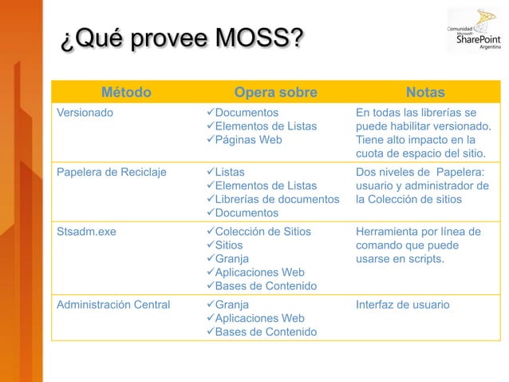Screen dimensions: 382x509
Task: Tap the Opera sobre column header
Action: [x=276, y=92]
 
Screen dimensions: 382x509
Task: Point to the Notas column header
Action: [x=425, y=92]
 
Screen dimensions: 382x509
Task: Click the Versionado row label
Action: [x=85, y=112]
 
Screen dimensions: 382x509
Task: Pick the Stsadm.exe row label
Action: [x=85, y=232]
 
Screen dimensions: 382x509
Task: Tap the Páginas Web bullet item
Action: [x=248, y=140]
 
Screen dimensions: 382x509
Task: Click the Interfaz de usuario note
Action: [x=403, y=304]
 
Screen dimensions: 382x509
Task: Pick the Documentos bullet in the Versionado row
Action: [x=247, y=112]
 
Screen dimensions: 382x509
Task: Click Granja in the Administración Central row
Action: [x=232, y=304]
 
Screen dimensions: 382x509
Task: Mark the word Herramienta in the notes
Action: [x=391, y=232]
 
